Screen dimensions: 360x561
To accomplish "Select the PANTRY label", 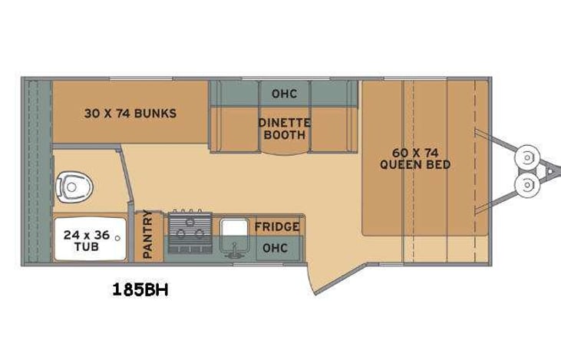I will pyautogui.click(x=147, y=236).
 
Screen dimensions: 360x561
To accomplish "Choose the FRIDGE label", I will pyautogui.click(x=277, y=226).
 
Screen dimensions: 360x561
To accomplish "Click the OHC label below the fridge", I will pyautogui.click(x=274, y=248).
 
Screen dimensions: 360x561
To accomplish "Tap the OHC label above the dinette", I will pyautogui.click(x=283, y=94).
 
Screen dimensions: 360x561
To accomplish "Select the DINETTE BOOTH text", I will pyautogui.click(x=283, y=128).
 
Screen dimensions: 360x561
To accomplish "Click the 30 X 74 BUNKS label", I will pyautogui.click(x=130, y=114).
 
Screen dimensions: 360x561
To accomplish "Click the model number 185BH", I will pyautogui.click(x=140, y=290).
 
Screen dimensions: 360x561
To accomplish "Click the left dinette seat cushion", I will pyautogui.click(x=236, y=127).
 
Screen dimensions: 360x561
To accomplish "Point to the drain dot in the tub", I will pyautogui.click(x=117, y=239).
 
